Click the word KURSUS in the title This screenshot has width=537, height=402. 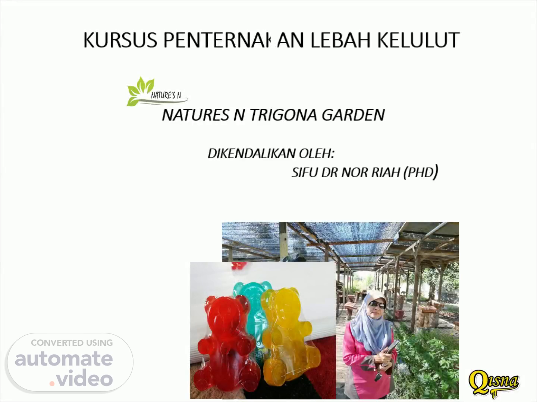pos(120,40)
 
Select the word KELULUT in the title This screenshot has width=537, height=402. pos(418,40)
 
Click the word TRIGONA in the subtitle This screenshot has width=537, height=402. pos(283,115)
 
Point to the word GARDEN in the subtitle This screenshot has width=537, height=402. pos(354,115)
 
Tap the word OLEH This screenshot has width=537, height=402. pos(317,153)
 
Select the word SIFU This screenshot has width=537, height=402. pos(304,173)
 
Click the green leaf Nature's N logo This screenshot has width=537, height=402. pos(157,92)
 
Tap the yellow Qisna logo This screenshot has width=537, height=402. pos(494,383)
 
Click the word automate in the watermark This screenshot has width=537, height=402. pos(64,359)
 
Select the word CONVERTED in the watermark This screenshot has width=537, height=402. pos(54,343)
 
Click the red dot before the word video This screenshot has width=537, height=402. pos(51,383)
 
